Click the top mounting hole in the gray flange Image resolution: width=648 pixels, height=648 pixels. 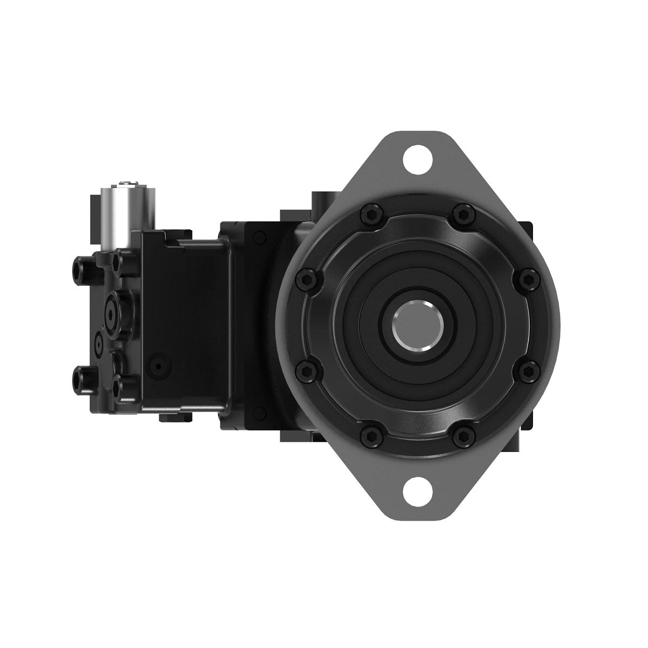(419, 158)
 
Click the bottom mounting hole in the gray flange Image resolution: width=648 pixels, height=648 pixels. (419, 491)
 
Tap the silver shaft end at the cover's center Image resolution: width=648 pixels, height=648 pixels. (418, 325)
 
